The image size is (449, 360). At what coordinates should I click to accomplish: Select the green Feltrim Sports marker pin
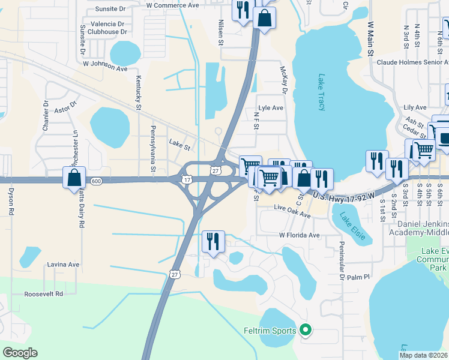(306, 330)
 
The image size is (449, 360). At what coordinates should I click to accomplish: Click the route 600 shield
(96, 181)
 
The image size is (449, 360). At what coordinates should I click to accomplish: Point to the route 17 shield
(187, 179)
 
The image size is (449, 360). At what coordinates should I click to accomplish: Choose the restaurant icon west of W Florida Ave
(214, 242)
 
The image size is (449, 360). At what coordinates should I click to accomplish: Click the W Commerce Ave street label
(172, 5)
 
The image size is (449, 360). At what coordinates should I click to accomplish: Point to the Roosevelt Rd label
(43, 294)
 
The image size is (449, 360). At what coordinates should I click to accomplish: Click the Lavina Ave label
(63, 264)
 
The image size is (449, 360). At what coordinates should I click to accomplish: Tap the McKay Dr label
(283, 79)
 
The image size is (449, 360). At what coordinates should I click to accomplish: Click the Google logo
(20, 353)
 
